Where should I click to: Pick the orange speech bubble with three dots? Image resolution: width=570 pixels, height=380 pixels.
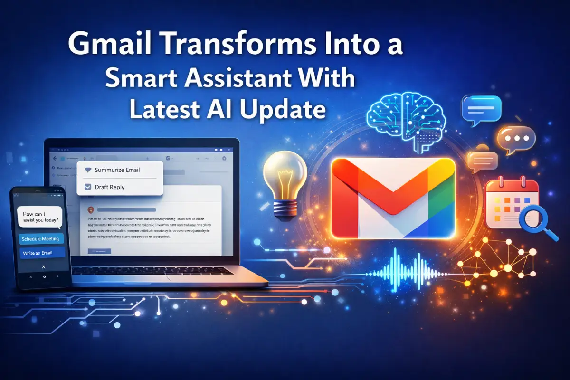click(x=516, y=139)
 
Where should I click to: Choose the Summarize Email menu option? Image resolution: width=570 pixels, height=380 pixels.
click(x=117, y=170)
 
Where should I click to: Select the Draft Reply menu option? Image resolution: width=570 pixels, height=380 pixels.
click(x=109, y=187)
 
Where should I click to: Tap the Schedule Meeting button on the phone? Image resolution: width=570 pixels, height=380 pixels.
click(x=40, y=239)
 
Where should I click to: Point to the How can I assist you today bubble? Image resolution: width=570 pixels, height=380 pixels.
click(x=40, y=217)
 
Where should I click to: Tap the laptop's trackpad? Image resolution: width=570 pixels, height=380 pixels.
click(x=157, y=281)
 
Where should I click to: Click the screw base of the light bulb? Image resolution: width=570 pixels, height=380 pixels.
click(x=284, y=208)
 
